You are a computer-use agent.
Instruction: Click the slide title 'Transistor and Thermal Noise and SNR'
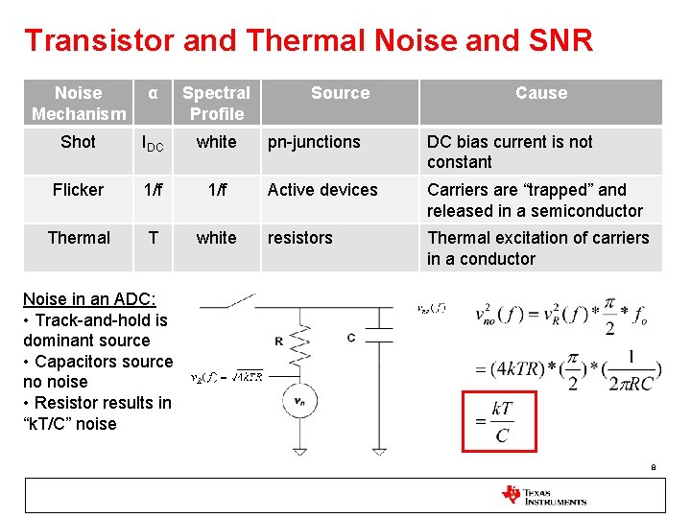(308, 40)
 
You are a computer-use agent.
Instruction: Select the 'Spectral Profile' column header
(216, 104)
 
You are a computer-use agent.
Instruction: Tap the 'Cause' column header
(541, 93)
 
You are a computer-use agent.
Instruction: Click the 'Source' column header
(340, 93)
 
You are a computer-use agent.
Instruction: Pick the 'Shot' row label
(78, 142)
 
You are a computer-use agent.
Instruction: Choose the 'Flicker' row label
(78, 190)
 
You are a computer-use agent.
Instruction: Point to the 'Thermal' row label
(79, 238)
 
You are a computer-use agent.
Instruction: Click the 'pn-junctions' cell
(314, 142)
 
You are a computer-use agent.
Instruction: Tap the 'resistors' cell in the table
(299, 238)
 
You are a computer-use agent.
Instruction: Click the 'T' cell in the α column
(153, 238)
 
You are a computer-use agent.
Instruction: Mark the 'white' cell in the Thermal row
(216, 238)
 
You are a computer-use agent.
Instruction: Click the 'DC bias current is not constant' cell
(510, 152)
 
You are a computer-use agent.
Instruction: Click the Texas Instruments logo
(543, 495)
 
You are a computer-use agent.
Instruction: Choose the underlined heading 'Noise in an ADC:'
(89, 299)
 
